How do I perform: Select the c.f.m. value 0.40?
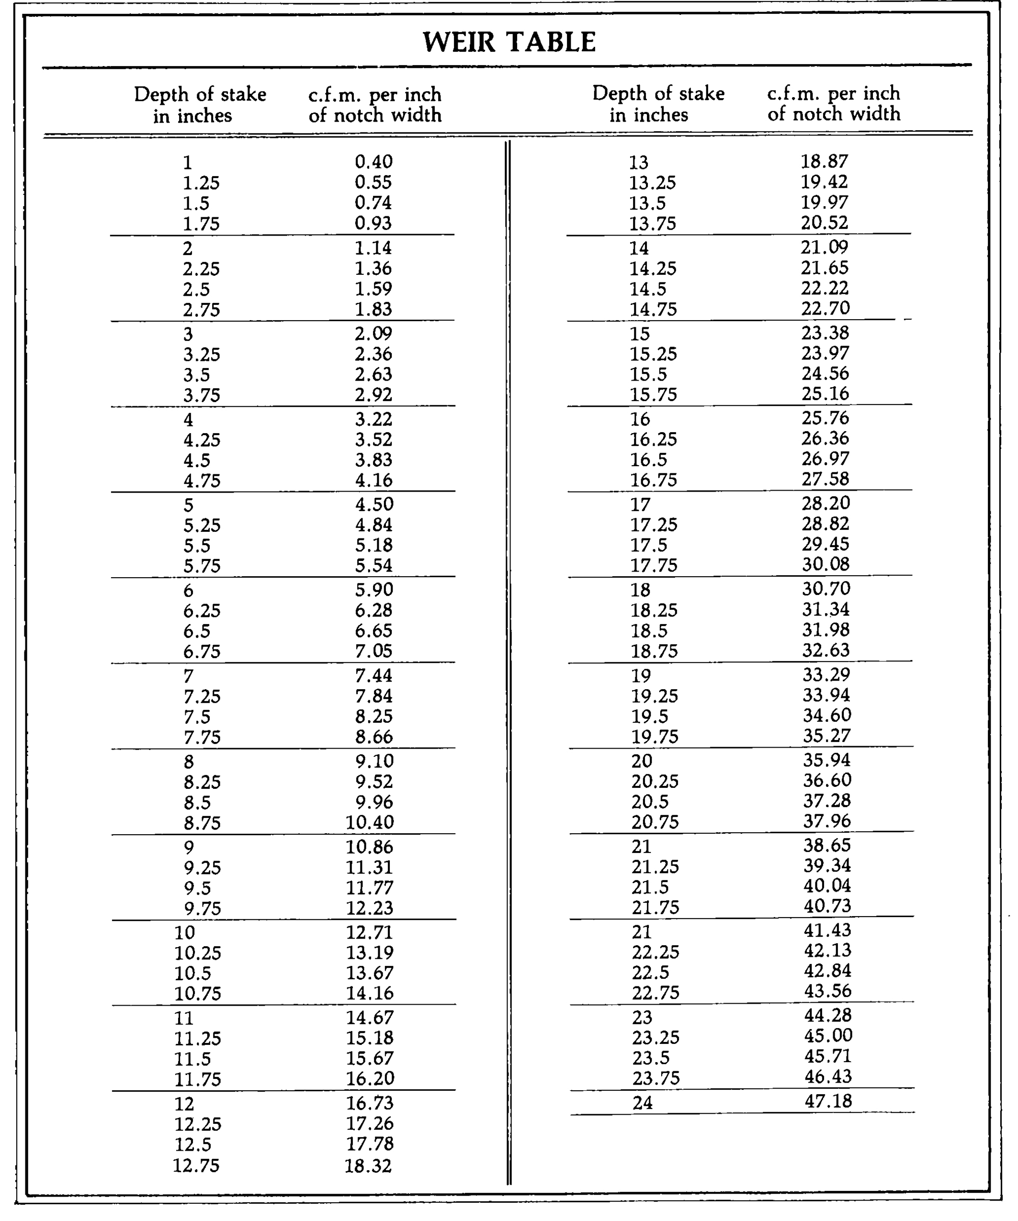(x=373, y=162)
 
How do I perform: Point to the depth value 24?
(x=642, y=1102)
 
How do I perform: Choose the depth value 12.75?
(x=196, y=1165)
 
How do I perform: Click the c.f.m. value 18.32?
(x=368, y=1165)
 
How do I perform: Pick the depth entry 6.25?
(x=202, y=611)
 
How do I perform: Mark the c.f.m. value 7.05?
(x=373, y=650)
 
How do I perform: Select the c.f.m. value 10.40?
(x=370, y=822)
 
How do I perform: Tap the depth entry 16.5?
(x=649, y=460)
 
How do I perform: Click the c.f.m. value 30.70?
(x=826, y=589)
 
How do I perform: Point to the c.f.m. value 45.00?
(x=828, y=1035)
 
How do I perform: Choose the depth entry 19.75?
(x=655, y=736)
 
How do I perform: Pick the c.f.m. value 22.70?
(x=825, y=308)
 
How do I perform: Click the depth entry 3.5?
(x=196, y=375)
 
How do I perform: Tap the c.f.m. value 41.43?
(x=827, y=930)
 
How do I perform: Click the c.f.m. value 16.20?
(x=370, y=1078)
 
